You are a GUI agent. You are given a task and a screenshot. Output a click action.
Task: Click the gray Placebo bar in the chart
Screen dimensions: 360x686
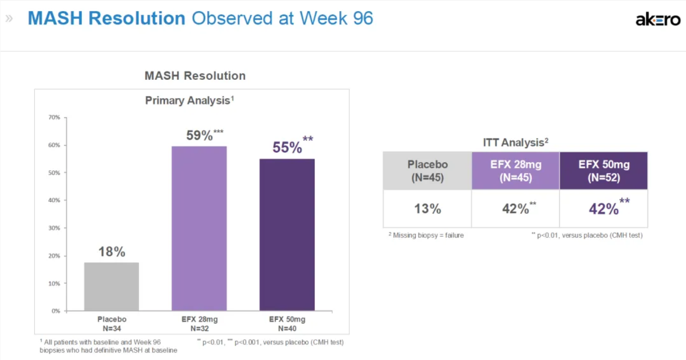pyautogui.click(x=111, y=286)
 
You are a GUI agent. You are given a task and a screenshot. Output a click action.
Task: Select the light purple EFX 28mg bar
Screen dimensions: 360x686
pyautogui.click(x=199, y=228)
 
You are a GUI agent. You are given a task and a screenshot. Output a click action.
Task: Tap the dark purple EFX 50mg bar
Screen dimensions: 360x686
pyautogui.click(x=287, y=235)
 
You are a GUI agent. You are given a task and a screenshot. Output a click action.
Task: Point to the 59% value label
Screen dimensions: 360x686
pyautogui.click(x=199, y=136)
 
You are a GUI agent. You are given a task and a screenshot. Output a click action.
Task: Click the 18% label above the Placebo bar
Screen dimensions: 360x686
pyautogui.click(x=111, y=252)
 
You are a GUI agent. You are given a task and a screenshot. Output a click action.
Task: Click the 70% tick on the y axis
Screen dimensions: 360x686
pyautogui.click(x=54, y=117)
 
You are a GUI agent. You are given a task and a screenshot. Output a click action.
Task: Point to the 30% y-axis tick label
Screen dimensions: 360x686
pyautogui.click(x=54, y=228)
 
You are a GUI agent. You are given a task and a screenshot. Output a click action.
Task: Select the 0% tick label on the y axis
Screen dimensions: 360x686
pyautogui.click(x=55, y=311)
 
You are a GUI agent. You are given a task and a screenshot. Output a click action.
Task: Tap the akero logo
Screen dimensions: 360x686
pyautogui.click(x=658, y=20)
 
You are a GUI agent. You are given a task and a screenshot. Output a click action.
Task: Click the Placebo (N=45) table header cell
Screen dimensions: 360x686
pyautogui.click(x=427, y=171)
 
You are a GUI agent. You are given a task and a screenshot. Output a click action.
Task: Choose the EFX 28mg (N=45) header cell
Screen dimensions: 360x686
pyautogui.click(x=515, y=171)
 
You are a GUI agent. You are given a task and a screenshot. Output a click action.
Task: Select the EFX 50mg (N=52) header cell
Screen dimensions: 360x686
pyautogui.click(x=603, y=171)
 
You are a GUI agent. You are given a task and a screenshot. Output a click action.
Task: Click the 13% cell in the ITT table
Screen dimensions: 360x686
pyautogui.click(x=427, y=209)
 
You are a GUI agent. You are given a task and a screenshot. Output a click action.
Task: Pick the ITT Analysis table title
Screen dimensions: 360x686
pyautogui.click(x=515, y=142)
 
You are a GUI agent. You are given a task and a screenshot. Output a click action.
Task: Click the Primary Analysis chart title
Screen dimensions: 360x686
pyautogui.click(x=189, y=100)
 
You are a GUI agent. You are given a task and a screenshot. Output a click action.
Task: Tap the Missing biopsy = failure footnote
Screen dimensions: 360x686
pyautogui.click(x=426, y=236)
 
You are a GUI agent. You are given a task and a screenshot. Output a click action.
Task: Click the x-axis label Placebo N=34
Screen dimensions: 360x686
pyautogui.click(x=111, y=324)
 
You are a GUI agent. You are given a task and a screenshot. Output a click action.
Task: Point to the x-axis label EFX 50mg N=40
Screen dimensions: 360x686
pyautogui.click(x=287, y=324)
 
